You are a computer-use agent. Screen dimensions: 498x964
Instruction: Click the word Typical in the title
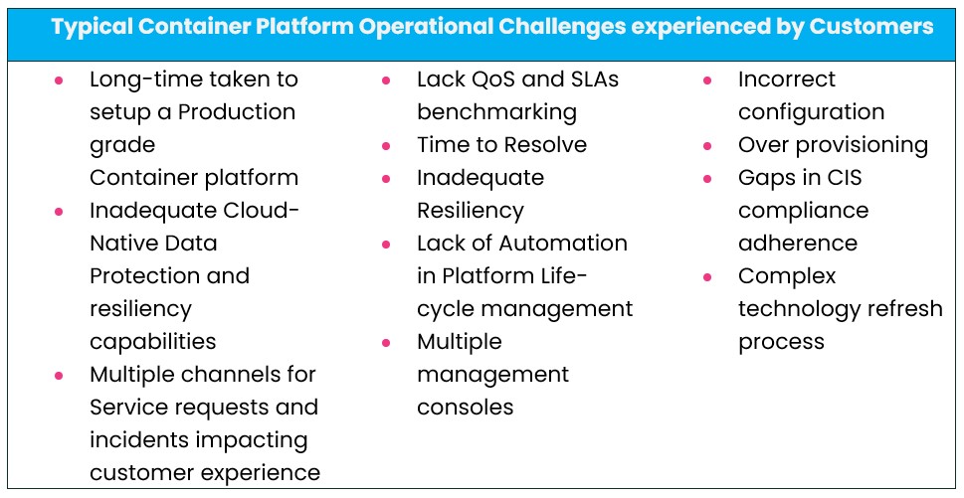(94, 27)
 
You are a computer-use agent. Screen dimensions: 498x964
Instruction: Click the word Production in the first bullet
(237, 111)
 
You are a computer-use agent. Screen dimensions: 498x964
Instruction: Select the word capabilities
(152, 341)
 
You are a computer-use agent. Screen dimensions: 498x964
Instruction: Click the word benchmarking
(496, 111)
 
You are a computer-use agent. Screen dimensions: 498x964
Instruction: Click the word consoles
(465, 407)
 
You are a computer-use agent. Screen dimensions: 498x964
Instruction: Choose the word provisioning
(863, 144)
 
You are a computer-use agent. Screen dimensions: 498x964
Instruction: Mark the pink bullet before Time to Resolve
(386, 146)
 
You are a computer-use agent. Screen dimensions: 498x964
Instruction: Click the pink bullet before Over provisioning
(707, 146)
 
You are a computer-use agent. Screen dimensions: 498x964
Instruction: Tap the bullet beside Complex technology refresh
(707, 277)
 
